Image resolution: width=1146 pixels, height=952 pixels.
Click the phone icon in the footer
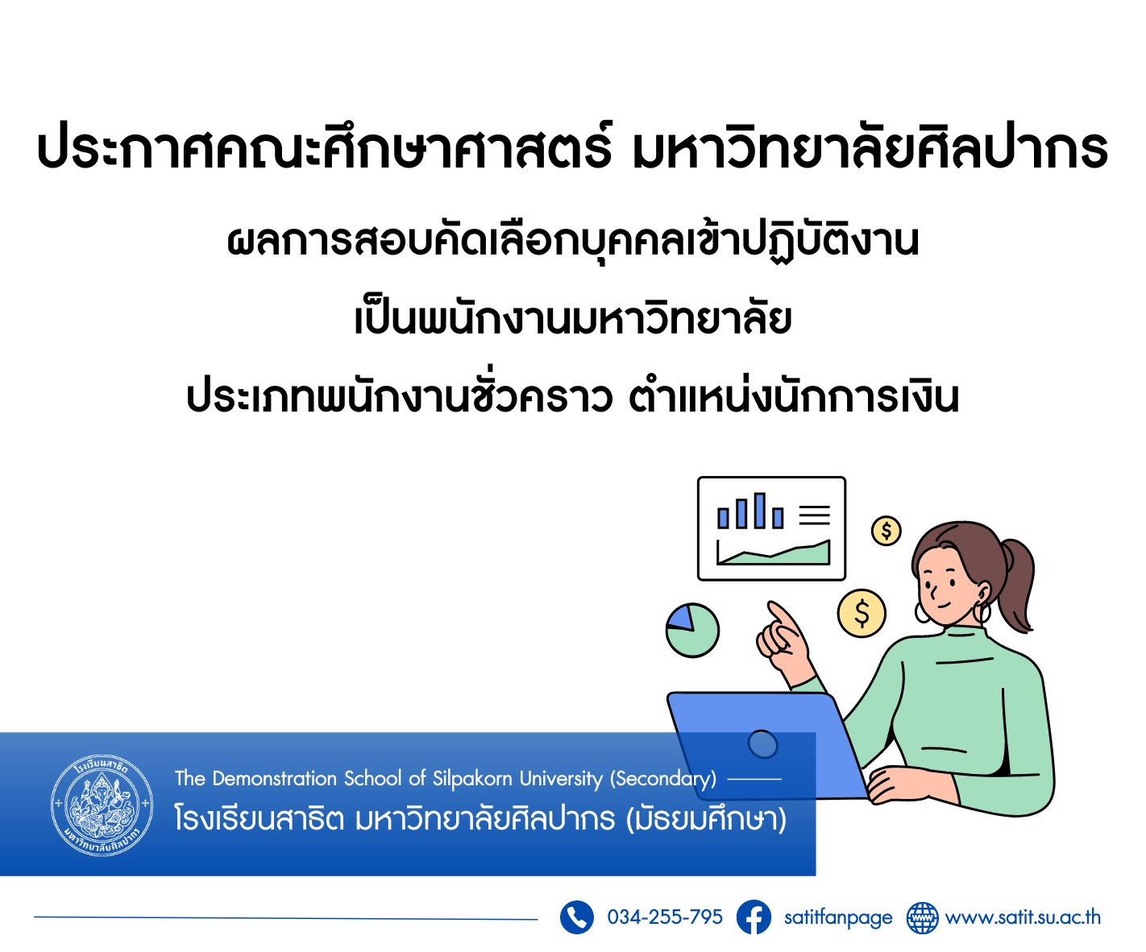pyautogui.click(x=576, y=917)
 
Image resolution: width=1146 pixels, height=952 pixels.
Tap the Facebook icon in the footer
pyautogui.click(x=754, y=917)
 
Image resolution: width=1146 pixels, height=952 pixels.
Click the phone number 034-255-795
pyautogui.click(x=665, y=917)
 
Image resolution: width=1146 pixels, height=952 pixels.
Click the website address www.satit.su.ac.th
pyautogui.click(x=1023, y=917)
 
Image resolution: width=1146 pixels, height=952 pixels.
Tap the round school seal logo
pyautogui.click(x=102, y=805)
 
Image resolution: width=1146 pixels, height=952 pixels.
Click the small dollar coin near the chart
pyautogui.click(x=886, y=531)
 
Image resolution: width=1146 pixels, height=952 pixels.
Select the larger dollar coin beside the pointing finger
pyautogui.click(x=862, y=614)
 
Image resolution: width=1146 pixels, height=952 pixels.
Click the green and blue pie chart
pyautogui.click(x=692, y=631)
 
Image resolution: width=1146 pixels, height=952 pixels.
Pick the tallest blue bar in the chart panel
pyautogui.click(x=760, y=511)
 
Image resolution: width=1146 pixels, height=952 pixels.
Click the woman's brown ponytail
pyautogui.click(x=1015, y=585)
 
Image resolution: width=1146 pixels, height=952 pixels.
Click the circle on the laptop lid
pyautogui.click(x=763, y=744)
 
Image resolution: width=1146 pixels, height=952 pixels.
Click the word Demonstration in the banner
pyautogui.click(x=275, y=779)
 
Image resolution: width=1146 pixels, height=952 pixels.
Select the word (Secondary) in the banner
pyautogui.click(x=663, y=779)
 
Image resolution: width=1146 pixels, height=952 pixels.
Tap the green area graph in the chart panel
pyautogui.click(x=774, y=554)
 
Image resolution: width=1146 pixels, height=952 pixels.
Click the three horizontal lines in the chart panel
pyautogui.click(x=815, y=515)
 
